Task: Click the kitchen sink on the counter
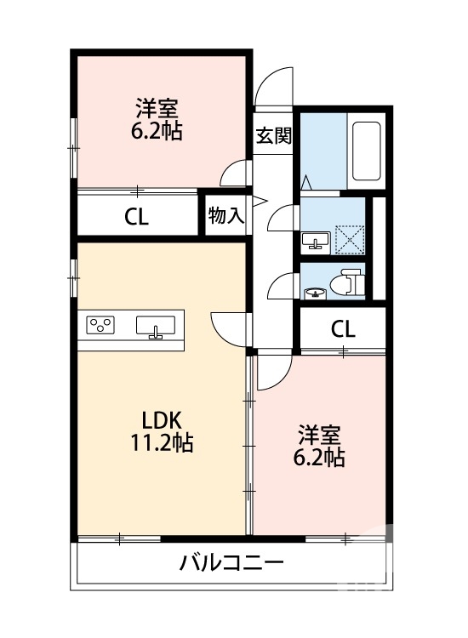click(155, 327)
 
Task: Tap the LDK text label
click(161, 420)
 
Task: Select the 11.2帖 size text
click(161, 442)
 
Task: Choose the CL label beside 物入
click(136, 216)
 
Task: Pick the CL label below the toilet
click(343, 328)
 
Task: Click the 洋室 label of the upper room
click(159, 109)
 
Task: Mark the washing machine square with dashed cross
click(347, 236)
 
